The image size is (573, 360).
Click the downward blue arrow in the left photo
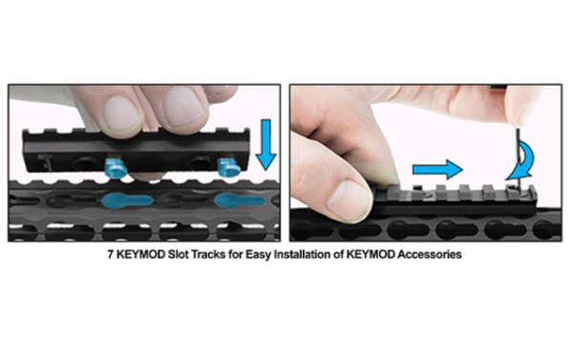point(265,144)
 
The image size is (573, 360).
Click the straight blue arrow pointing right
point(437,169)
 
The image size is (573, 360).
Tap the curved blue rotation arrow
point(522,160)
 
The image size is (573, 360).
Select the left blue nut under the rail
point(116,168)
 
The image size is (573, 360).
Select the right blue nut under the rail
point(228,167)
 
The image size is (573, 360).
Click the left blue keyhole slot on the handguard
point(126,201)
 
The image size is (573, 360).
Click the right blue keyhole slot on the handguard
point(239,201)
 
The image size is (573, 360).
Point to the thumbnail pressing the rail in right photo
point(349,200)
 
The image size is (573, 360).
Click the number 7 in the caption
point(111,254)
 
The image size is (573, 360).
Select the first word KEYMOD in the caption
point(140,254)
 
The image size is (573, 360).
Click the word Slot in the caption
point(179,254)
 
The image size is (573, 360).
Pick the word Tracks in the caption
point(208,254)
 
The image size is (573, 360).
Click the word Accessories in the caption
point(430,254)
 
